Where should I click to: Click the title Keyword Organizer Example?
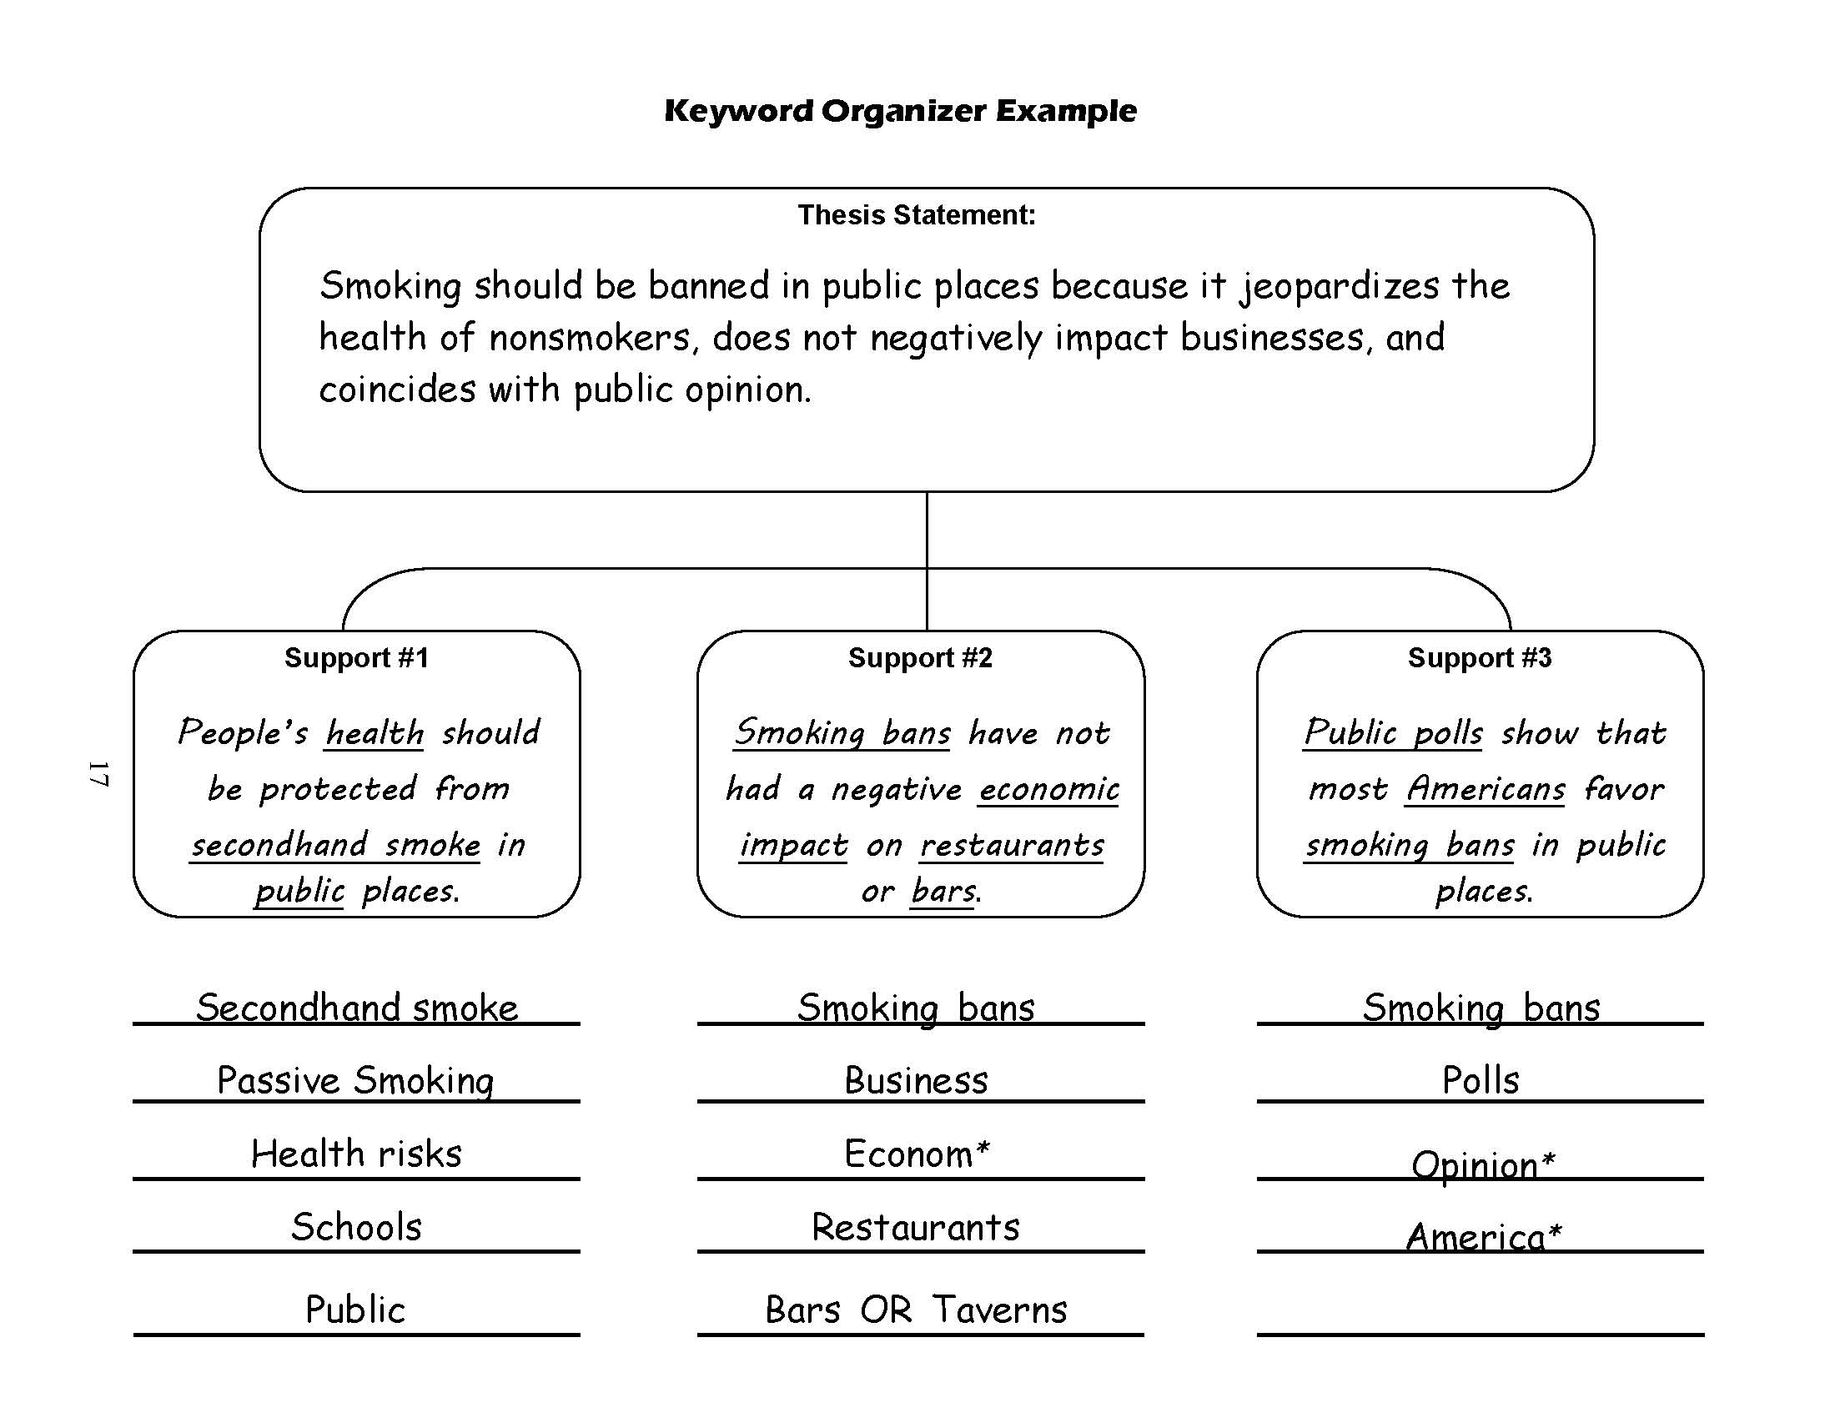(x=900, y=111)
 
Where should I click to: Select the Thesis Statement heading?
(x=917, y=215)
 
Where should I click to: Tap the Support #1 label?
(x=356, y=658)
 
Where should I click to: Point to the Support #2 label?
(x=920, y=658)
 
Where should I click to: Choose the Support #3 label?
(x=1480, y=658)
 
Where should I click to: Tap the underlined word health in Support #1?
(x=375, y=733)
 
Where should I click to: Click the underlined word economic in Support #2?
(x=1048, y=790)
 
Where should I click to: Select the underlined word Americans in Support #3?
(x=1486, y=790)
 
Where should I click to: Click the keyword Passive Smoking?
(x=355, y=1080)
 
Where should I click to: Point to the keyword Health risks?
(x=356, y=1154)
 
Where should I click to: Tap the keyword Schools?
(x=356, y=1227)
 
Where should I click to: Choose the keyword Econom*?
(x=917, y=1154)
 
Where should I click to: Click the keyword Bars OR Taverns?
(x=916, y=1310)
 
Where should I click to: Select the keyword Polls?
(x=1481, y=1080)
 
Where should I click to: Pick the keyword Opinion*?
(x=1483, y=1165)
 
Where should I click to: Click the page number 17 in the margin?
(x=99, y=774)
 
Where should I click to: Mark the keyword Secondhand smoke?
(x=357, y=1008)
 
